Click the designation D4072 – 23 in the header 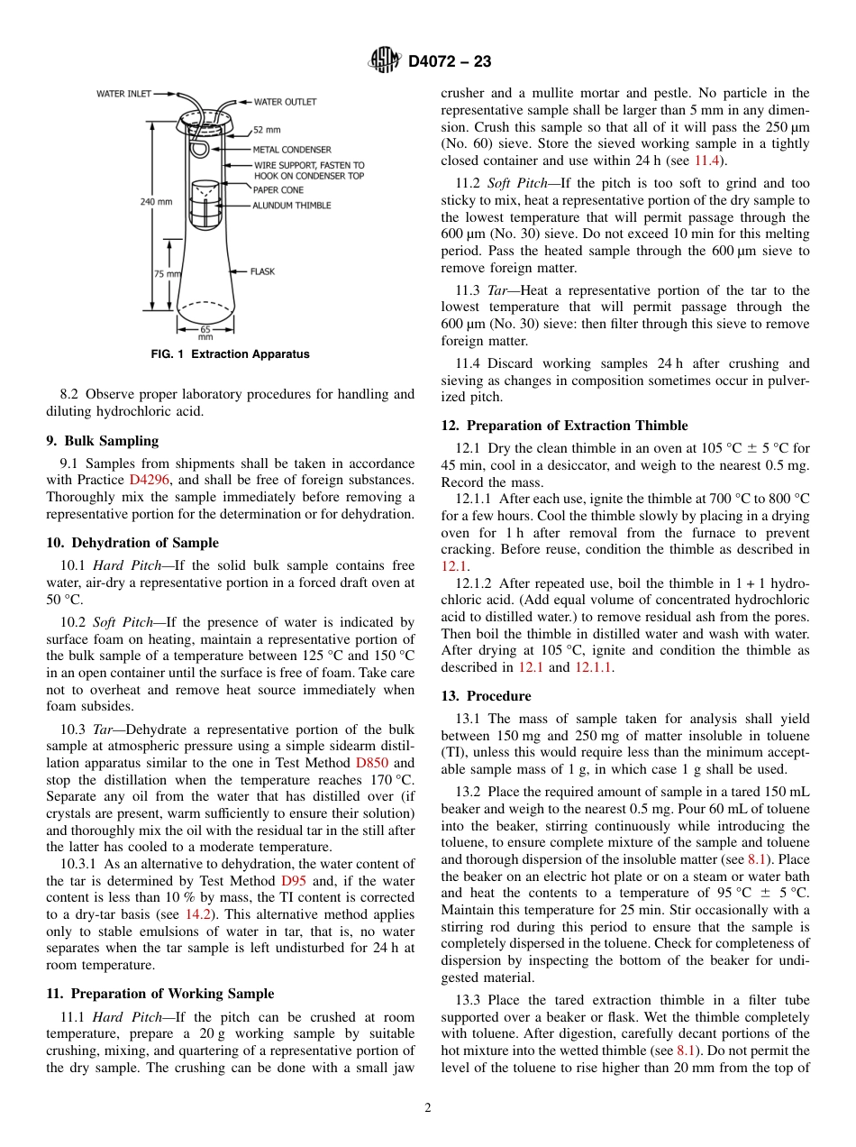450,62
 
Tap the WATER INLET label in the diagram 123,93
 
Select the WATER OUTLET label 285,102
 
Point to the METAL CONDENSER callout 291,150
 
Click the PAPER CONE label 278,190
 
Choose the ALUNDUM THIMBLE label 291,206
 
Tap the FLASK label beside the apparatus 262,271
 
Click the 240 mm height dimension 156,202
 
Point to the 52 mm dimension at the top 266,130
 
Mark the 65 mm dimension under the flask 205,333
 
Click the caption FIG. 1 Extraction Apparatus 230,354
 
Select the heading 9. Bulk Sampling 102,441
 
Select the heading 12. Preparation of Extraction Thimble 564,426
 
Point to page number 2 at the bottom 428,1108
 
